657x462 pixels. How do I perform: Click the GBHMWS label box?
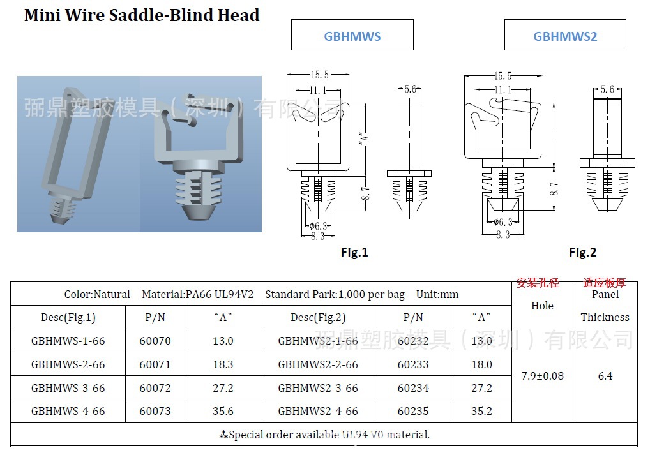[352, 36]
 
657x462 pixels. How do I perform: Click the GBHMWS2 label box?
[565, 36]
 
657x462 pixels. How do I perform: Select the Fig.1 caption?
[354, 253]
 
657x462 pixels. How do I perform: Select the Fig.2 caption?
[582, 253]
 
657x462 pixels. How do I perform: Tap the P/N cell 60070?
[155, 341]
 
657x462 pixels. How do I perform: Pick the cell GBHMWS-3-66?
[68, 388]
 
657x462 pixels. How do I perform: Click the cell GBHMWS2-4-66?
[318, 412]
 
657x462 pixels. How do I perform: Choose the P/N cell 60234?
[413, 388]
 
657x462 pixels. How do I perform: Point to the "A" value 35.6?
[223, 412]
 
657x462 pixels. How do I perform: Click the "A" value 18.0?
[481, 364]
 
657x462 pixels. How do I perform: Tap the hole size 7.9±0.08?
[542, 376]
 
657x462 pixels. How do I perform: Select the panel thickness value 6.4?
[605, 376]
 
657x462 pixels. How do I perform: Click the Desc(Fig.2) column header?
[318, 317]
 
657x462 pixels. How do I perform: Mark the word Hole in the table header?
[542, 306]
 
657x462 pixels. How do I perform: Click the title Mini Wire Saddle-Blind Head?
[142, 15]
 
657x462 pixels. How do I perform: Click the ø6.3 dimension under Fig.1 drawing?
[318, 226]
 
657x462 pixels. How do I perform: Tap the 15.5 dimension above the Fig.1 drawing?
[317, 76]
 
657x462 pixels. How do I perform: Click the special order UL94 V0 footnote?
[324, 435]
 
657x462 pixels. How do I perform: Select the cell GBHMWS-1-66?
[68, 341]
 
